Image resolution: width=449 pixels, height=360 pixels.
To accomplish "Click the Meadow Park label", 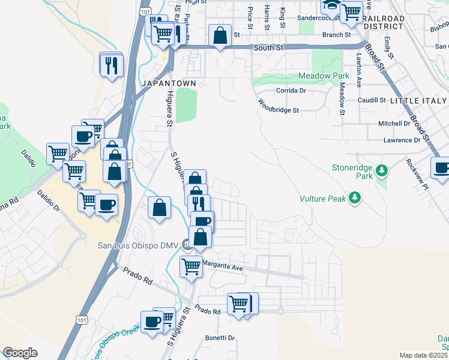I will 324,77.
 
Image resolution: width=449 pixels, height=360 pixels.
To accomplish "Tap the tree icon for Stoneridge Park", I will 381,173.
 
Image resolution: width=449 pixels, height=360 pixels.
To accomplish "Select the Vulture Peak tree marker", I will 355,197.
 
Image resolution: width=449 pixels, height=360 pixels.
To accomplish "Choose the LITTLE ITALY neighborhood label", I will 418,101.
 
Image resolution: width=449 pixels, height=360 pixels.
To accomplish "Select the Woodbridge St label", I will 279,110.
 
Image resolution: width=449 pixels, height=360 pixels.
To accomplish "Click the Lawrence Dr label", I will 402,140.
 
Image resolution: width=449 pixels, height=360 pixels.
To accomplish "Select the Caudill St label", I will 372,100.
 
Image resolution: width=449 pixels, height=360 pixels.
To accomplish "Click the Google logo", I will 20,353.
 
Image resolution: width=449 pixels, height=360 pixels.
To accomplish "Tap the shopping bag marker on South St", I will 220,35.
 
